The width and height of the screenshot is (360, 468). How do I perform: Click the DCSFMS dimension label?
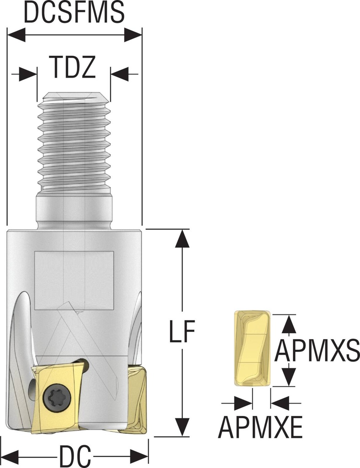coord(74,13)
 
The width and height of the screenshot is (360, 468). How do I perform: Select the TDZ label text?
coord(73,68)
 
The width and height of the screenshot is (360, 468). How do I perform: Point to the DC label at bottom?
coord(75,456)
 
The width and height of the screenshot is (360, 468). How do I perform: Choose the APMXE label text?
coord(260,428)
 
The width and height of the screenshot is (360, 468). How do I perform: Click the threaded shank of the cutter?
coord(74,142)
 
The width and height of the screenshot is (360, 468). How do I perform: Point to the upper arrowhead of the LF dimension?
coord(183,238)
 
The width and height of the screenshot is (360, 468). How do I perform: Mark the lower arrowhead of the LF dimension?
coord(183,428)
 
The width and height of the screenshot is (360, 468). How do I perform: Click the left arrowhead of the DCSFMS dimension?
coord(16,34)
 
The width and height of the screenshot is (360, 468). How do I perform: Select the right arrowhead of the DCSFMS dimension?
coord(133,34)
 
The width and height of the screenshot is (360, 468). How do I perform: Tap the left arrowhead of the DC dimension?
coord(10,456)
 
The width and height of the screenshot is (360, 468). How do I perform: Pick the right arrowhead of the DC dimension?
coord(140,456)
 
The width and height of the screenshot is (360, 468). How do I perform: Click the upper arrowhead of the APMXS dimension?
coord(287,324)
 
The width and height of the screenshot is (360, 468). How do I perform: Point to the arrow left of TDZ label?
coord(28,74)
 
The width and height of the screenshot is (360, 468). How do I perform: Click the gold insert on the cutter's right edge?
coord(135,400)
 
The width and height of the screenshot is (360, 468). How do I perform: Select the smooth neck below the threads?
coord(74,210)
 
